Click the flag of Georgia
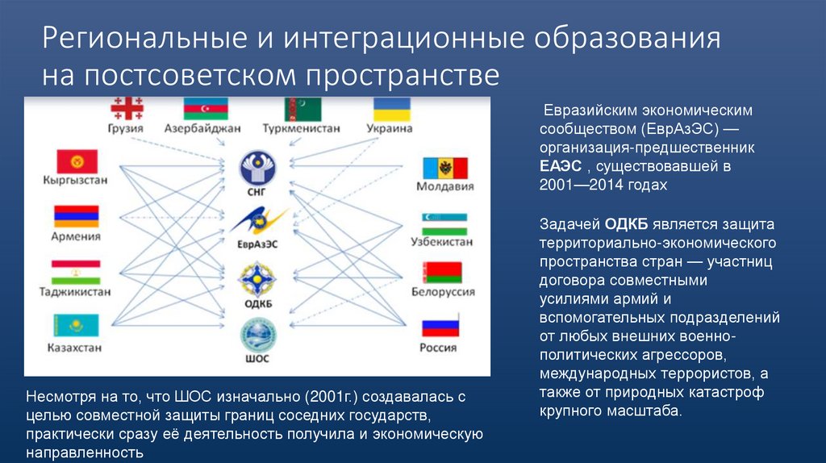[x=125, y=109]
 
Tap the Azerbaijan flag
[x=206, y=109]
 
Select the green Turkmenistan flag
[x=302, y=109]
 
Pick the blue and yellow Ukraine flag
[x=392, y=109]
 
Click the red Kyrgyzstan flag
[x=76, y=161]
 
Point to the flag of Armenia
[x=76, y=216]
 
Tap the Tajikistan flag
[x=76, y=272]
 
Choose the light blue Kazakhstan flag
[x=76, y=326]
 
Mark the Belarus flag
[x=444, y=273]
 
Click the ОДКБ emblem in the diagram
[x=257, y=278]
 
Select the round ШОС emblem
[x=257, y=334]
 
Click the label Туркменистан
[x=301, y=128]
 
